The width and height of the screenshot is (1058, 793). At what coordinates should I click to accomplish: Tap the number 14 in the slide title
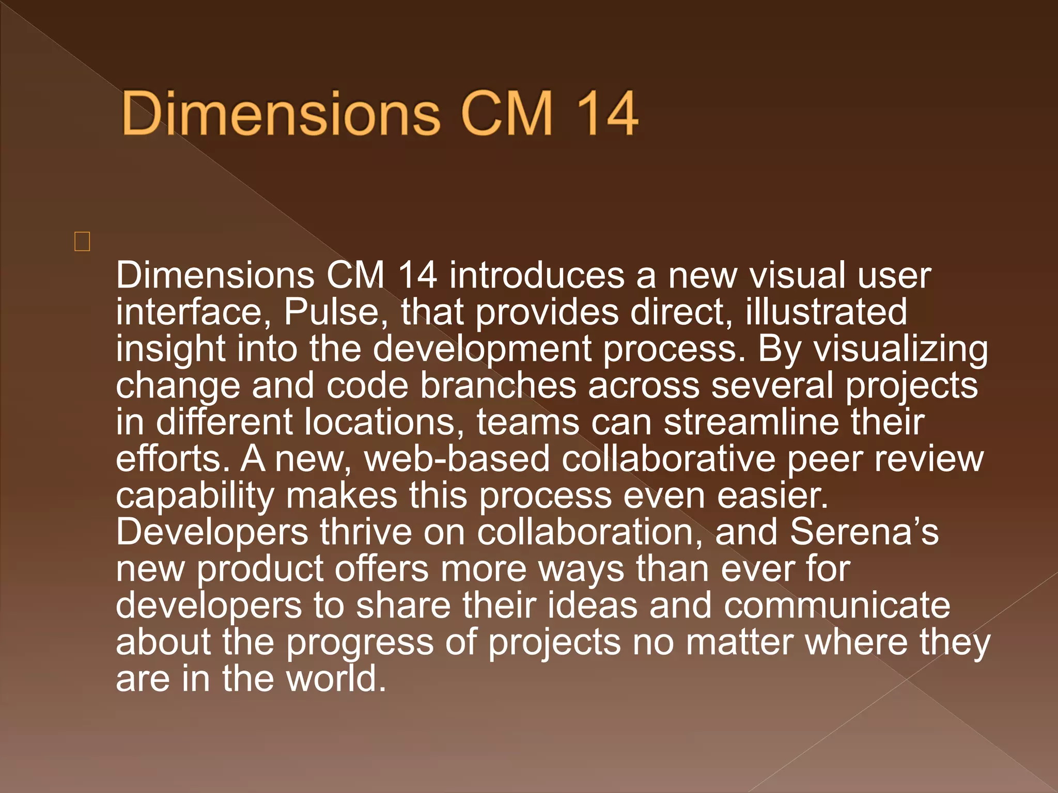click(606, 114)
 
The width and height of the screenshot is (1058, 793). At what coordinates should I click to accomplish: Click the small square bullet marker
click(82, 242)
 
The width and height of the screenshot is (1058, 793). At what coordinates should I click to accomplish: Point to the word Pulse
click(331, 312)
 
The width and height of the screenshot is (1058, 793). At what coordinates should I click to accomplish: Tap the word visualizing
click(901, 350)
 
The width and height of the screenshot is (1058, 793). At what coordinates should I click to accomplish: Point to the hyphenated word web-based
click(457, 458)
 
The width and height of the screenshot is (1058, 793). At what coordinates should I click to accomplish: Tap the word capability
click(195, 496)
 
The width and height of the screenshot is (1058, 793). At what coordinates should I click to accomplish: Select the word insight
click(170, 350)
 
